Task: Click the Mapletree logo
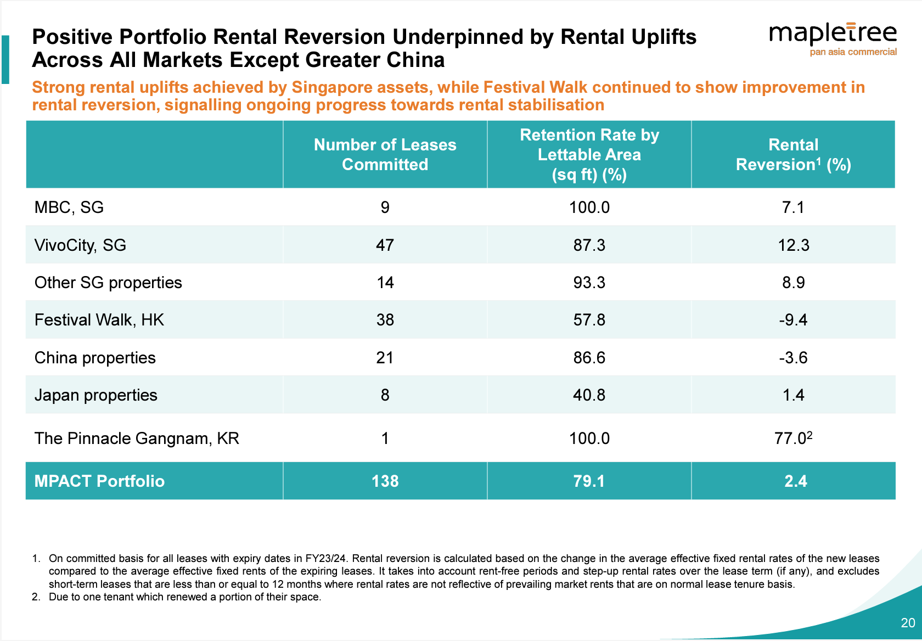coord(833,39)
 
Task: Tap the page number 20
coord(908,622)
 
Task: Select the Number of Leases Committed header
coord(385,154)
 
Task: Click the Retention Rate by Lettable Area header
coord(589,154)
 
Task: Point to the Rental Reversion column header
coord(793,154)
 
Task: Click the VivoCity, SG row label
coord(80,245)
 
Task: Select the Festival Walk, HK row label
coord(99,320)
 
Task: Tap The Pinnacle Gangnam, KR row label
coord(137,438)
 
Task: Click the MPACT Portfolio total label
coord(99,481)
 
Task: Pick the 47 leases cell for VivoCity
coord(385,245)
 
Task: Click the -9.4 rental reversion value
coord(793,320)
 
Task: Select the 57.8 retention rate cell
coord(589,320)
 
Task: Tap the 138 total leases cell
coord(385,481)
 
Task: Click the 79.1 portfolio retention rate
coord(589,481)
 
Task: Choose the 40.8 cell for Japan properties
coord(589,395)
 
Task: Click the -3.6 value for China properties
coord(793,358)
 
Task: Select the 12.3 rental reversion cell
coord(793,245)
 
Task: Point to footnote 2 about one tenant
coord(177,597)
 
